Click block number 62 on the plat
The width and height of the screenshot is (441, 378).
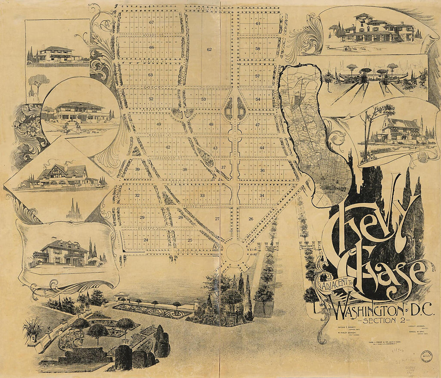[209, 49]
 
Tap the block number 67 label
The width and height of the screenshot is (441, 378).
[151, 22]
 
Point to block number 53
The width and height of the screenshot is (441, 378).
[203, 99]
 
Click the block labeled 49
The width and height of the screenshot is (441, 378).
[159, 124]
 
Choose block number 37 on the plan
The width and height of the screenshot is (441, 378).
[223, 167]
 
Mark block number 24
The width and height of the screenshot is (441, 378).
[146, 240]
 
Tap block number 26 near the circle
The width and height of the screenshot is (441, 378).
[251, 219]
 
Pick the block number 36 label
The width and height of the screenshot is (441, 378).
[262, 170]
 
